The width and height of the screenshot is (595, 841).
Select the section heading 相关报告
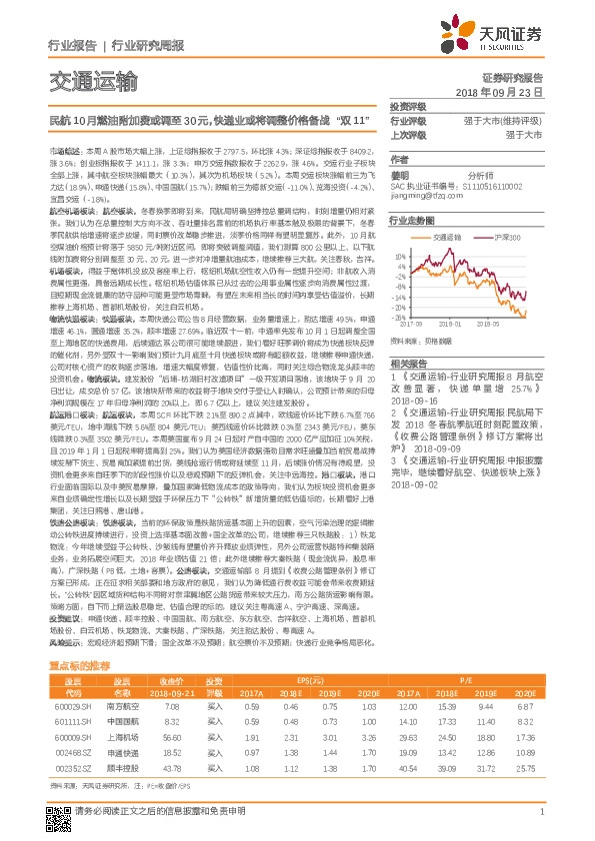click(x=408, y=364)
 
